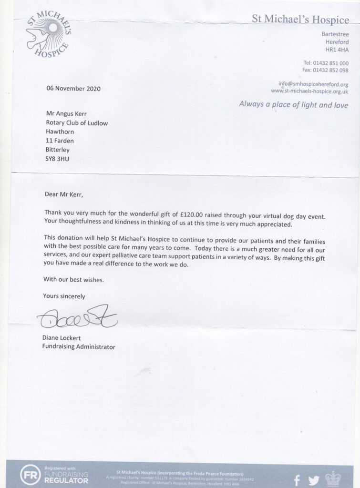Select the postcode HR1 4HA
tap(337, 50)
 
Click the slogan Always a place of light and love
tap(294, 104)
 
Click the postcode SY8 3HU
tap(58, 158)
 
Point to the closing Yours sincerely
tap(64, 296)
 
